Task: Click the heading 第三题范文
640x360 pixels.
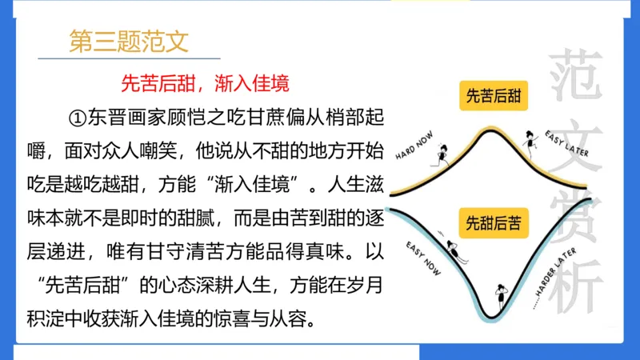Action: point(129,41)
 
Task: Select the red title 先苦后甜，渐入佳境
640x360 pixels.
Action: point(204,82)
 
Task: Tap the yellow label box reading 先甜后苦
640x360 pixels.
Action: point(494,222)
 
